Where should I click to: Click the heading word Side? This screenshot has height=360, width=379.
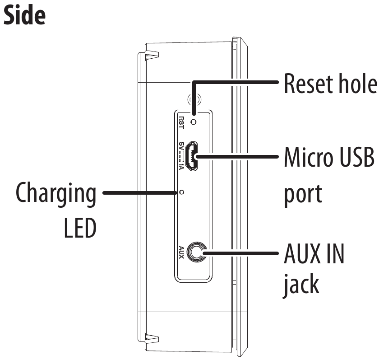pos(24,15)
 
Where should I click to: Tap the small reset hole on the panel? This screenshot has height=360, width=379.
pos(194,122)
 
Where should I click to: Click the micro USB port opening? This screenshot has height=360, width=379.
pos(193,156)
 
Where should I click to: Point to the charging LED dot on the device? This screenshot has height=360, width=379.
pos(181,192)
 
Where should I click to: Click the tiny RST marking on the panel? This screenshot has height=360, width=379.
pos(181,122)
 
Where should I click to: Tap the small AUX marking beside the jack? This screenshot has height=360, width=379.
pos(181,252)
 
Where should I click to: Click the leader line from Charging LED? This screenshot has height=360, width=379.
pos(140,192)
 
